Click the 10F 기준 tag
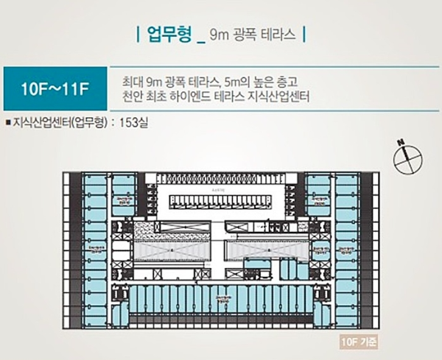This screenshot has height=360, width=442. (x=360, y=342)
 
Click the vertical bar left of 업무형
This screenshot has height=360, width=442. (x=138, y=34)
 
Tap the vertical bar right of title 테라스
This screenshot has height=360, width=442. (x=304, y=34)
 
